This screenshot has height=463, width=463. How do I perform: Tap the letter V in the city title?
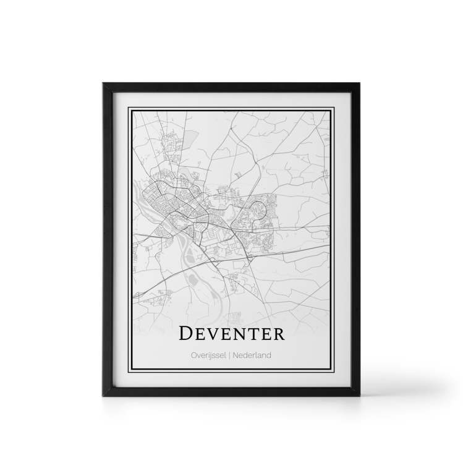(x=216, y=334)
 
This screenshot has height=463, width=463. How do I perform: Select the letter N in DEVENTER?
(x=244, y=334)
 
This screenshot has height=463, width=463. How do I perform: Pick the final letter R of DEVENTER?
(x=279, y=334)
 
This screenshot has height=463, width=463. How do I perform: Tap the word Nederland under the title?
(x=252, y=355)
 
